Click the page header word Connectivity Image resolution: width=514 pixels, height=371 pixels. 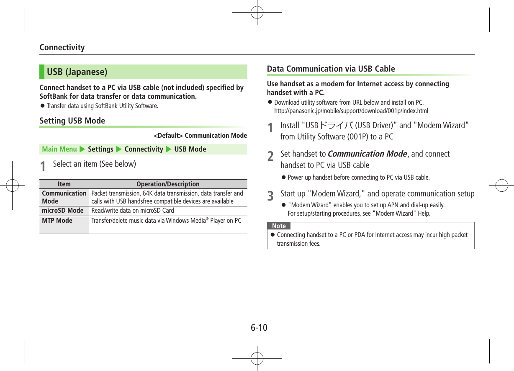(x=62, y=47)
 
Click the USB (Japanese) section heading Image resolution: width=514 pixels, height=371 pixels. (x=77, y=72)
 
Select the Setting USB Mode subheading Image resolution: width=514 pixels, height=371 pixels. (x=72, y=121)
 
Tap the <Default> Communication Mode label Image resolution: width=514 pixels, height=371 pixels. (x=200, y=135)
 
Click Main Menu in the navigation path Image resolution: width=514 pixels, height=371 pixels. (x=59, y=149)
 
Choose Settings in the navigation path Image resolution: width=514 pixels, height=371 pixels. (x=100, y=149)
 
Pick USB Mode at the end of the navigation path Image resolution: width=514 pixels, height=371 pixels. (x=190, y=149)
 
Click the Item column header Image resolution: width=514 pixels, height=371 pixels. (x=64, y=184)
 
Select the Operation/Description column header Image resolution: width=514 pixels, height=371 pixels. (x=168, y=184)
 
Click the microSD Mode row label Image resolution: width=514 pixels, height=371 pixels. (x=63, y=210)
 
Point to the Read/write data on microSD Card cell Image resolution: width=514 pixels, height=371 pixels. (x=132, y=210)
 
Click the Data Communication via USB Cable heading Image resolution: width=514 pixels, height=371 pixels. (x=331, y=69)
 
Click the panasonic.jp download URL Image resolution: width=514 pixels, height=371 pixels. (x=351, y=111)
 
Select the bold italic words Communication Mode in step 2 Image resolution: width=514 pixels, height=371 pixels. (x=367, y=154)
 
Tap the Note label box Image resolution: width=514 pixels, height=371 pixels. (x=279, y=226)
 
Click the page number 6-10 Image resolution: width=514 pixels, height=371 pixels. (x=259, y=327)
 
